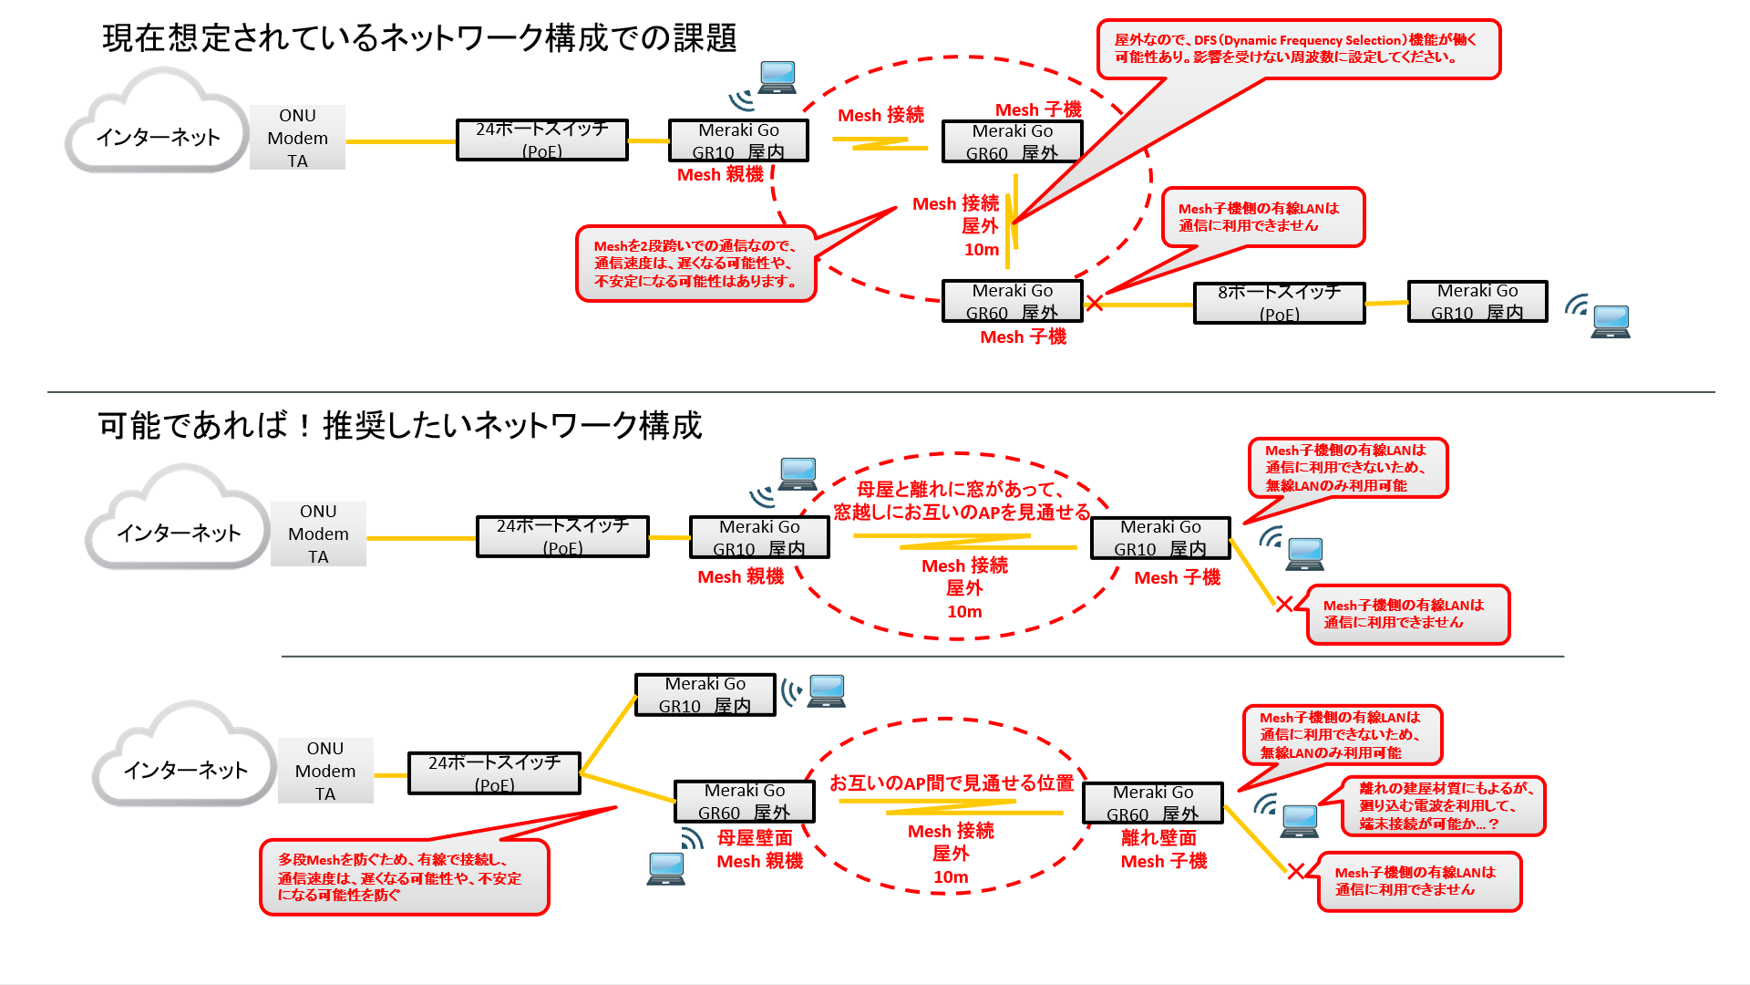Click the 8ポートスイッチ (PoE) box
click(1279, 303)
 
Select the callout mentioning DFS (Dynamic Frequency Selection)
click(1298, 49)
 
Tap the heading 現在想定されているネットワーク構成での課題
click(419, 38)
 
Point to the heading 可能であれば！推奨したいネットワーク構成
click(400, 426)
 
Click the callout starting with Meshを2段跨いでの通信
click(695, 264)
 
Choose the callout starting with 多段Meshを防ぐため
click(404, 877)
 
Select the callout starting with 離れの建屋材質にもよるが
click(1444, 805)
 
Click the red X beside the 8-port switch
click(1095, 303)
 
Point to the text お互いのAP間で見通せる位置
click(951, 783)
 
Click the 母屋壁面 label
click(754, 837)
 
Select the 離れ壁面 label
click(1158, 837)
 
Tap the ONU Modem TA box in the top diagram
click(297, 138)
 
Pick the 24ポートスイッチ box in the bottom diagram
click(494, 772)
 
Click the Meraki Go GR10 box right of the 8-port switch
click(1477, 302)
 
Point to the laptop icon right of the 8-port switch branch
click(1610, 321)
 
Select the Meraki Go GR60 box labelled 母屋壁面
click(744, 802)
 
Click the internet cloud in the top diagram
click(157, 126)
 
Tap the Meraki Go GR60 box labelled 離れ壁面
click(1152, 804)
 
